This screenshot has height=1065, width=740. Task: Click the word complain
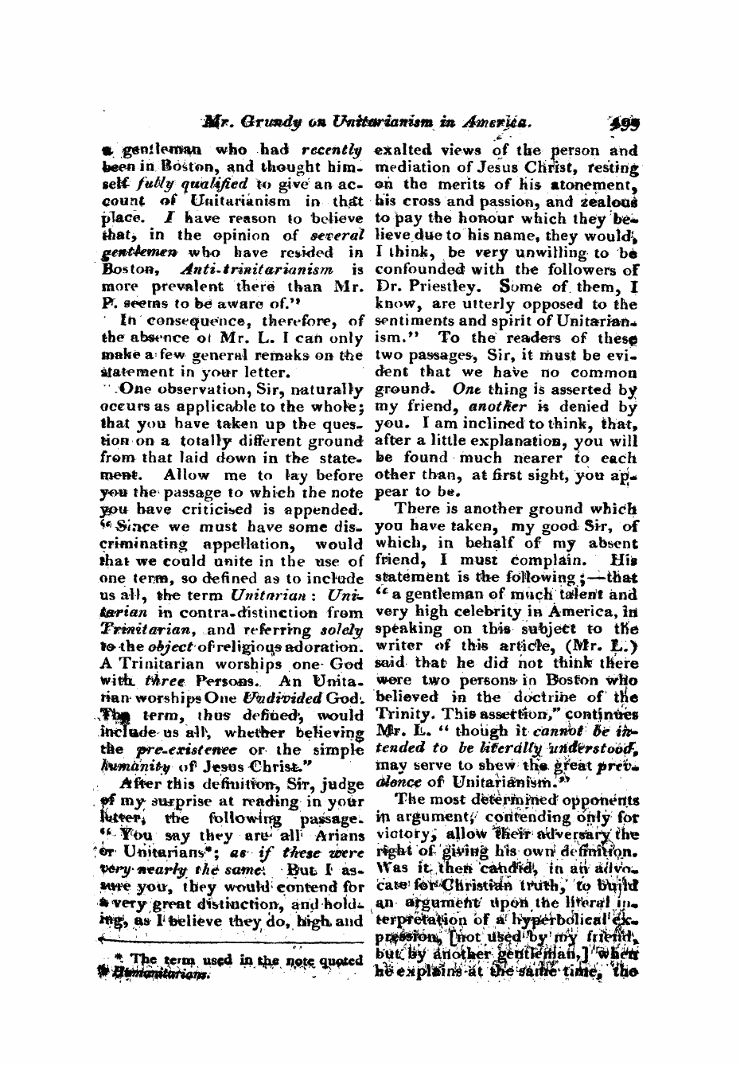point(543,560)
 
